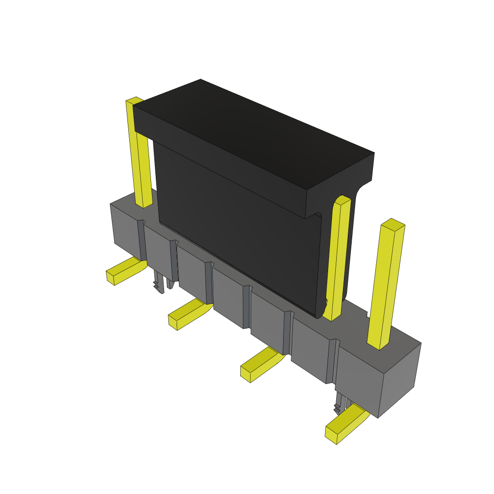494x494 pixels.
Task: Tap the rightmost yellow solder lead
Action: coord(345,425)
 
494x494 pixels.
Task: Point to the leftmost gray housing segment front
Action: coord(126,232)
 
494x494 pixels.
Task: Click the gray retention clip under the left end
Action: coord(159,282)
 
